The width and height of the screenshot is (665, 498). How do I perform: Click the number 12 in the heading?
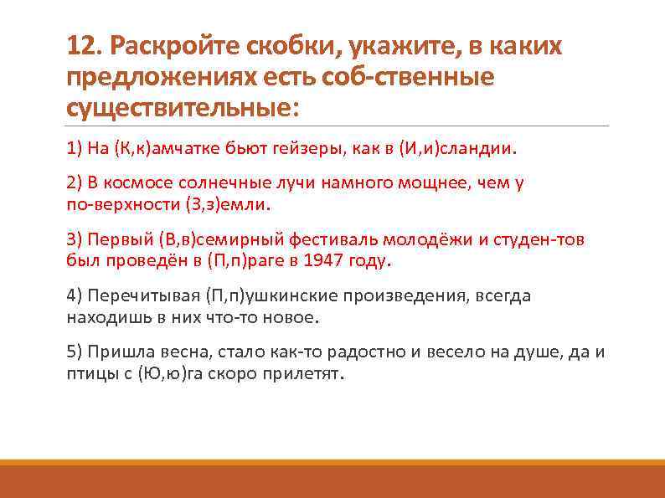(x=81, y=47)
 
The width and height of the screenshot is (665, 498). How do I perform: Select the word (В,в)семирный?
(x=190, y=240)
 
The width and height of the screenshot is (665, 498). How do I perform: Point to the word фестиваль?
(x=305, y=240)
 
